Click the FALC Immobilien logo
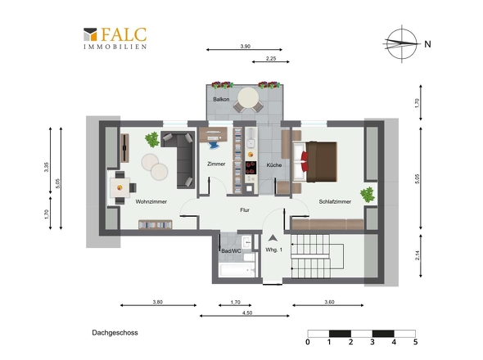pos(115,38)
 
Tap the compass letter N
pos(427,44)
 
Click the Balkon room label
pos(221,100)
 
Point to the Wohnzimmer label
pos(151,202)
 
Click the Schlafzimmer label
pos(335,202)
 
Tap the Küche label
pos(274,165)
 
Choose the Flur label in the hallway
pos(245,210)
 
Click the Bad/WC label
pos(231,251)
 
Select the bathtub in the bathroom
pos(237,270)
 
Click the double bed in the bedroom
pos(315,162)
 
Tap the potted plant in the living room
pos(152,140)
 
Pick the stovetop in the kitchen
pos(251,168)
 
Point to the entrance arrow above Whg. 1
pos(273,238)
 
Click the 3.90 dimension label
pos(246,46)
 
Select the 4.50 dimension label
pos(247,313)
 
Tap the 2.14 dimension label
pos(418,255)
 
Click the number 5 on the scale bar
pos(416,342)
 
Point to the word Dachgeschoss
pos(115,333)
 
